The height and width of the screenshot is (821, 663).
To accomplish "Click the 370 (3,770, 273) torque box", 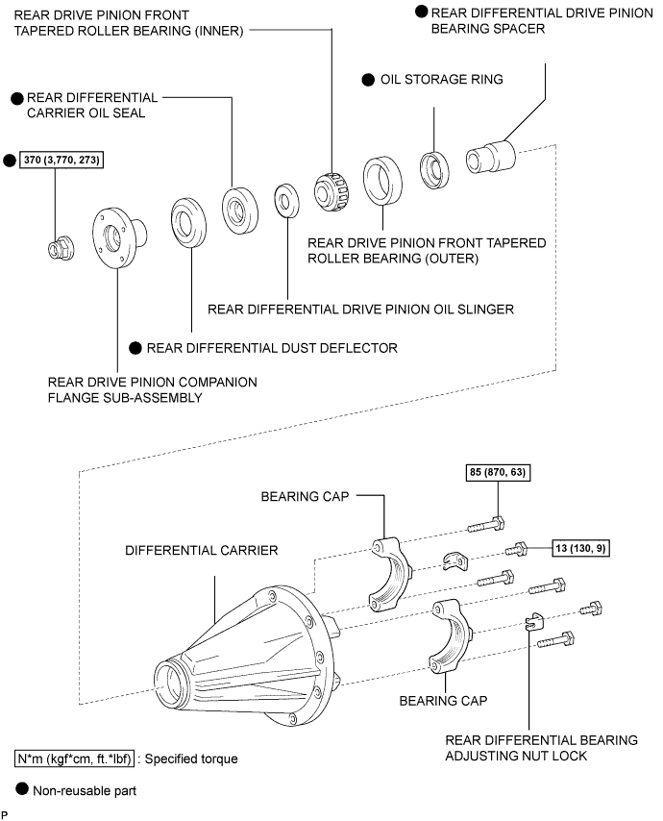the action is point(61,160).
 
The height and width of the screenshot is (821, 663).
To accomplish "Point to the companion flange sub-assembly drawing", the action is point(119,237).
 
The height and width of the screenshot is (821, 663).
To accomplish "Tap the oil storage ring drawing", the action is point(434,169).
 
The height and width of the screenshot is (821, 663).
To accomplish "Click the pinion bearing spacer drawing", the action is point(490,157).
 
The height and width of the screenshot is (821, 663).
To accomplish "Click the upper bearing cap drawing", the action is point(391,573).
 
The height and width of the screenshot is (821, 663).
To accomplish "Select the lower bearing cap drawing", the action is point(451,636).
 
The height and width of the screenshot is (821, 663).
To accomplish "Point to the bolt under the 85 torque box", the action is point(486,524).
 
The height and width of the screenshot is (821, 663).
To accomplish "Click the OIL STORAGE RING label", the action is point(442,80).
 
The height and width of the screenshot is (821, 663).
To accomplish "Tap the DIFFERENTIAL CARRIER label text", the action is point(202,550).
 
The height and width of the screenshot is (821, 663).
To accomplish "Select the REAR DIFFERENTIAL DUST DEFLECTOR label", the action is point(272,348).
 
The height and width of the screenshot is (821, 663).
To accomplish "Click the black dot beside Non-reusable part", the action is point(21,788).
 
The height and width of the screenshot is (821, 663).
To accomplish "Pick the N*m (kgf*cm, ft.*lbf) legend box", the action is point(74,759).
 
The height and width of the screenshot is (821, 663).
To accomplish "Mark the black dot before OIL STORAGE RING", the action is point(368,80).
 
